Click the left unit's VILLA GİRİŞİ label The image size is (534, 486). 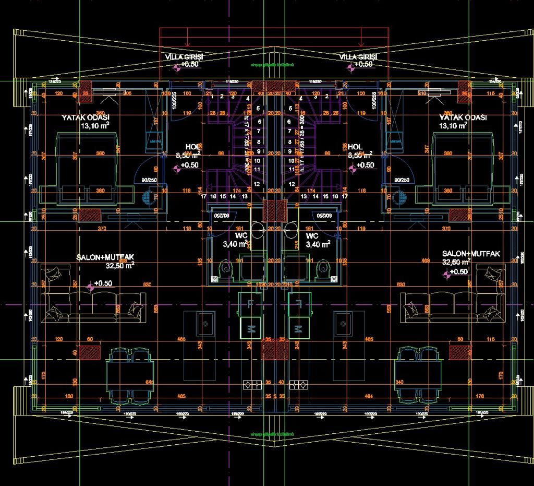pos(184,56)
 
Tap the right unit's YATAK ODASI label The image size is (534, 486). pos(463,118)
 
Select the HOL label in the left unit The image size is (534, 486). pos(193,147)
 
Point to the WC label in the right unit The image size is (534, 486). pos(312,236)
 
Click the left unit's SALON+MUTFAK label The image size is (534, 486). pos(105,257)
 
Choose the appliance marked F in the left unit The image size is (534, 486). pos(251,304)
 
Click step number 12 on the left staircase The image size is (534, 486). pos(257,184)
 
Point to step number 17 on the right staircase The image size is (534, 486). pos(344,196)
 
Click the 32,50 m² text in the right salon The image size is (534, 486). pos(456,262)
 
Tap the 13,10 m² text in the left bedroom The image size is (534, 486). pos(95,126)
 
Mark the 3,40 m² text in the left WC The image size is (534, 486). pos(235,244)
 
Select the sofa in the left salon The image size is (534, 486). pos(94,302)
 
